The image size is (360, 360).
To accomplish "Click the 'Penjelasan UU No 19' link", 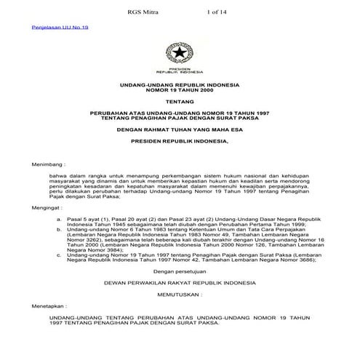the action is tap(40, 26).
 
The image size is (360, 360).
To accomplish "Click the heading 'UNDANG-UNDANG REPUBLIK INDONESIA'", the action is tap(178, 86).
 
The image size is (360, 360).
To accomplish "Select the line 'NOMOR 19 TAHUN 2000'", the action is tap(178, 92).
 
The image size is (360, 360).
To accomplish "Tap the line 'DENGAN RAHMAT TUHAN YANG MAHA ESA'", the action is tap(178, 132).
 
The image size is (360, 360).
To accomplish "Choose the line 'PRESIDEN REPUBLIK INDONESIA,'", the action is tap(178, 144).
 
